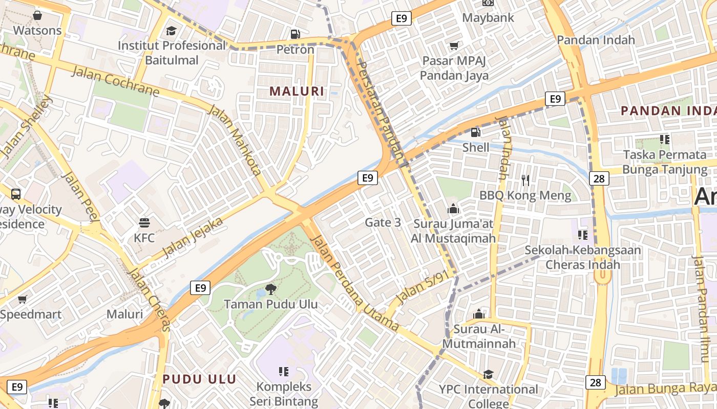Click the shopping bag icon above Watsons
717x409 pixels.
37,15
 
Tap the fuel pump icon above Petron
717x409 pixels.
295,34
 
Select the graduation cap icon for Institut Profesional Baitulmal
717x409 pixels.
171,31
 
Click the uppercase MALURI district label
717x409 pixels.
297,92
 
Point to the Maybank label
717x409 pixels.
488,17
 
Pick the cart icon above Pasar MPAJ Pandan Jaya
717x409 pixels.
454,46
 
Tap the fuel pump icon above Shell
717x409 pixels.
476,132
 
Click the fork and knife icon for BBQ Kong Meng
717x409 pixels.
525,180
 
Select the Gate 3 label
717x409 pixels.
383,222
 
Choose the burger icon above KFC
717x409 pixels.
144,223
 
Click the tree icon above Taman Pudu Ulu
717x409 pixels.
270,290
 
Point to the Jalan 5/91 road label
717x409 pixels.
418,289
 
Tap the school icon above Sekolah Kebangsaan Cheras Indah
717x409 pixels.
582,235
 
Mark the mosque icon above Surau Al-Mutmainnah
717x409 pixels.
479,313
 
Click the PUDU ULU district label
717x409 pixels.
199,379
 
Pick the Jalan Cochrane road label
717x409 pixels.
115,81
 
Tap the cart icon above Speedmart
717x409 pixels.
22,300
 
